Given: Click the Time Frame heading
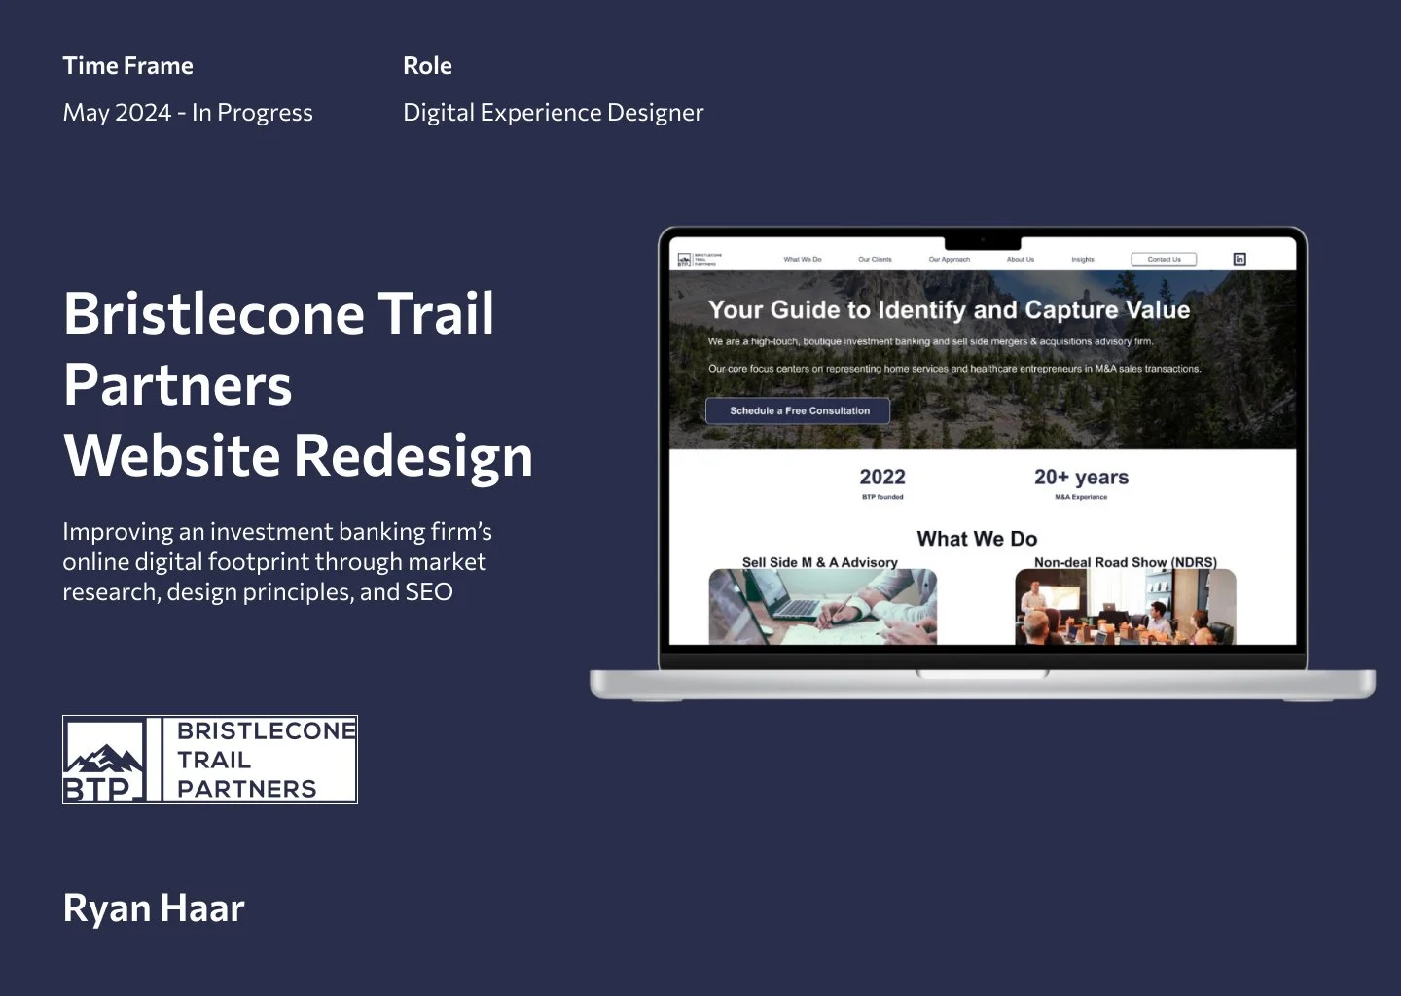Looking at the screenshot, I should click(x=127, y=66).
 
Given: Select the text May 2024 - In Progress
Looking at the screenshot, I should click(x=188, y=113).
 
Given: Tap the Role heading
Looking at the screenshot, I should click(x=427, y=66).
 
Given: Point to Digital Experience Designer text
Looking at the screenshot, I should click(x=553, y=113).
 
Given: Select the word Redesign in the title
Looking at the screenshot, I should click(x=413, y=456).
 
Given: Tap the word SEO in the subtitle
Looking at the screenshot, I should click(x=429, y=592).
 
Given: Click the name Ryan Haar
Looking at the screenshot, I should click(x=154, y=908).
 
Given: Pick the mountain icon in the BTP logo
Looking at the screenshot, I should click(x=103, y=758).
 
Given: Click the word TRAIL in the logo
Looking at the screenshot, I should click(x=214, y=760).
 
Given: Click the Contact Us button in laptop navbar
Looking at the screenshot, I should click(x=1164, y=259).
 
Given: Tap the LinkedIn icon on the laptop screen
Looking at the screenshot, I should click(x=1239, y=259).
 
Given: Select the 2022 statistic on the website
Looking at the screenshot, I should click(x=882, y=478).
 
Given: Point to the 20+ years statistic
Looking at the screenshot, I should click(x=1081, y=478).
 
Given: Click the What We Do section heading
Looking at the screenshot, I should click(x=977, y=539).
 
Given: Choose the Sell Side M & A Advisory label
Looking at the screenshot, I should click(x=819, y=562).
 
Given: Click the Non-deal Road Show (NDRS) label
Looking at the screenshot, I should click(x=1125, y=562).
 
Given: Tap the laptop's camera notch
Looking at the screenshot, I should click(x=983, y=240).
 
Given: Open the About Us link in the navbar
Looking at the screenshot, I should click(x=1020, y=260).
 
